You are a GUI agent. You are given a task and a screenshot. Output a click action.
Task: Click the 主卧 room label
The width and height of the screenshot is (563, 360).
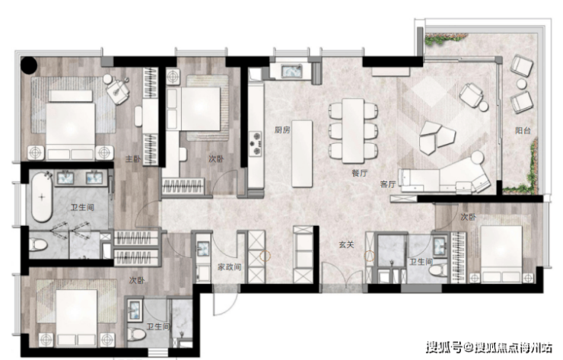click(x=133, y=158)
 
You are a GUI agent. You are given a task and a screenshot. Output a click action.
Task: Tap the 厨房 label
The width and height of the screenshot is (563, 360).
click(x=282, y=129)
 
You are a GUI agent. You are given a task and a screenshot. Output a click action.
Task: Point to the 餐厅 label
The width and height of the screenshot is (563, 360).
click(x=359, y=173)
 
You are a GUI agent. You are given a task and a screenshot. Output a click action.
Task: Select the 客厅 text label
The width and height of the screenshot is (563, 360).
click(x=388, y=184)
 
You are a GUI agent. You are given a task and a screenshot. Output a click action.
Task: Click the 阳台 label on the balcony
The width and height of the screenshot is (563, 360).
click(x=523, y=130)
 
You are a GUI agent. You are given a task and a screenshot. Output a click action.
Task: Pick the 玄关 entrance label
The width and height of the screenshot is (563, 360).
click(x=346, y=244)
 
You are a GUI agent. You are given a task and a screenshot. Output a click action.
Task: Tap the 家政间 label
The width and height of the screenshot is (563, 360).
click(x=230, y=267)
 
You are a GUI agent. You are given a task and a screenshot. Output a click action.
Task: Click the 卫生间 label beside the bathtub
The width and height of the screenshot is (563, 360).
click(x=82, y=207)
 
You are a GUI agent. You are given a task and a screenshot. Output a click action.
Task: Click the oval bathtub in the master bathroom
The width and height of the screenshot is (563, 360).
click(x=43, y=197)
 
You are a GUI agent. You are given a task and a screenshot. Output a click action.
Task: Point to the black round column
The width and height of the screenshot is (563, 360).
click(x=29, y=65)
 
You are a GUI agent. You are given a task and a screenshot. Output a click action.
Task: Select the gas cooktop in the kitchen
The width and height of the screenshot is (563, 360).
click(x=256, y=144)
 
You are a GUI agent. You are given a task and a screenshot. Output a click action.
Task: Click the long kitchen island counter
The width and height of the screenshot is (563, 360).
click(x=302, y=154)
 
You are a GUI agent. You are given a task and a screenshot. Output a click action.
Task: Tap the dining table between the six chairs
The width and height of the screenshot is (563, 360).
click(x=353, y=130)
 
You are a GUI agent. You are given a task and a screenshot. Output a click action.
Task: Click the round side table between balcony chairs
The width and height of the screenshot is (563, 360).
click(x=521, y=84)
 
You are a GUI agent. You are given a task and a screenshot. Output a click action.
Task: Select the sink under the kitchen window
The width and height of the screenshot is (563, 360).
click(x=291, y=71)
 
